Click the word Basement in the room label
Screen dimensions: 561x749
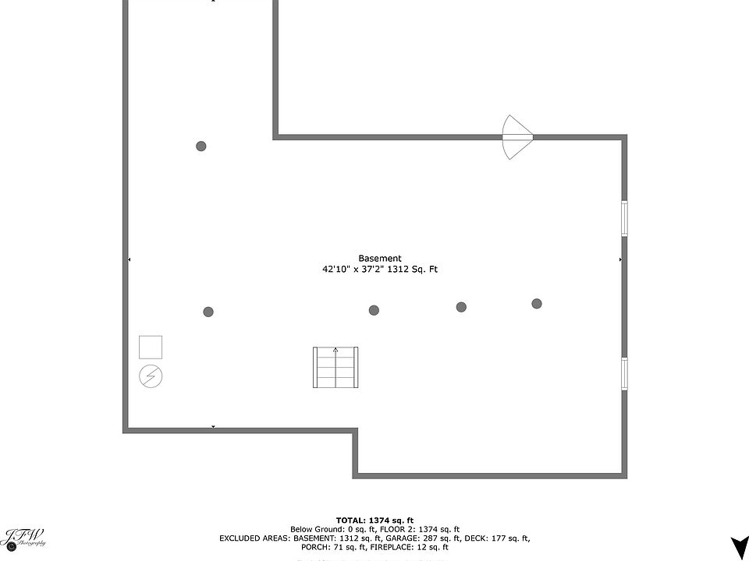380,259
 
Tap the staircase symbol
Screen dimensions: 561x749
335,368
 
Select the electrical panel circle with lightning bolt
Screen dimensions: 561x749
151,376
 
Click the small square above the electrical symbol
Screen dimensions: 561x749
151,347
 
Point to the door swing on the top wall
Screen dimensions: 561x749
516,137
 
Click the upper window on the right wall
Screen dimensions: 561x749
624,218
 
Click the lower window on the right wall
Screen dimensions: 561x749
624,373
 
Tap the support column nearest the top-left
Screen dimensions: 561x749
201,146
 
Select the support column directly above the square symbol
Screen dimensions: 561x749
208,312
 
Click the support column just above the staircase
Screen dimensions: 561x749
374,310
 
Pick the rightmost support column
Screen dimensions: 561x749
537,304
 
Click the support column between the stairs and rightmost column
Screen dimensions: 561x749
461,307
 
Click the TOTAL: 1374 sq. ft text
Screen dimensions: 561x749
374,520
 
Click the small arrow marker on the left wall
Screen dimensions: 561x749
129,259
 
